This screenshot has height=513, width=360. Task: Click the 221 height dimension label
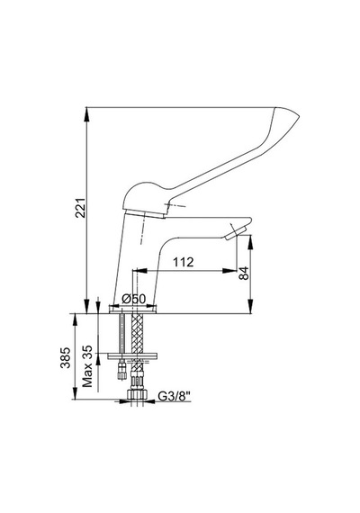pos(80,207)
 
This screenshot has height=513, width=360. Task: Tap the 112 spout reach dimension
pos(184,262)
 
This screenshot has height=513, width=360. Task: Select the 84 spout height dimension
pos(244,274)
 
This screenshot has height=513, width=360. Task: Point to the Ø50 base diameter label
pos(133,299)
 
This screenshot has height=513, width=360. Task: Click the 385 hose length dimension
pos(66,357)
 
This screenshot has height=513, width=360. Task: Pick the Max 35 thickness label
pos(87,366)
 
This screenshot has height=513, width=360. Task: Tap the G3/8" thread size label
pos(174,396)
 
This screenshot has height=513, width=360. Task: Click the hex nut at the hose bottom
pos(137,393)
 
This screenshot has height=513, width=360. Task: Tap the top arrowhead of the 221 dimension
pos(86,112)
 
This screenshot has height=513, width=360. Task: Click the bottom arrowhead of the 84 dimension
pos(251,307)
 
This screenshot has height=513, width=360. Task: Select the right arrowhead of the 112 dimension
pos(230,271)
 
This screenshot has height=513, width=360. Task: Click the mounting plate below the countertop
pos(132,356)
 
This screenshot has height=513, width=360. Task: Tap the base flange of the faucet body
pos(133,310)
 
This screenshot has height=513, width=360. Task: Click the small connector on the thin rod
pos(121,369)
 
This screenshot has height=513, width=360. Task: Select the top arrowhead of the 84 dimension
pos(251,242)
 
